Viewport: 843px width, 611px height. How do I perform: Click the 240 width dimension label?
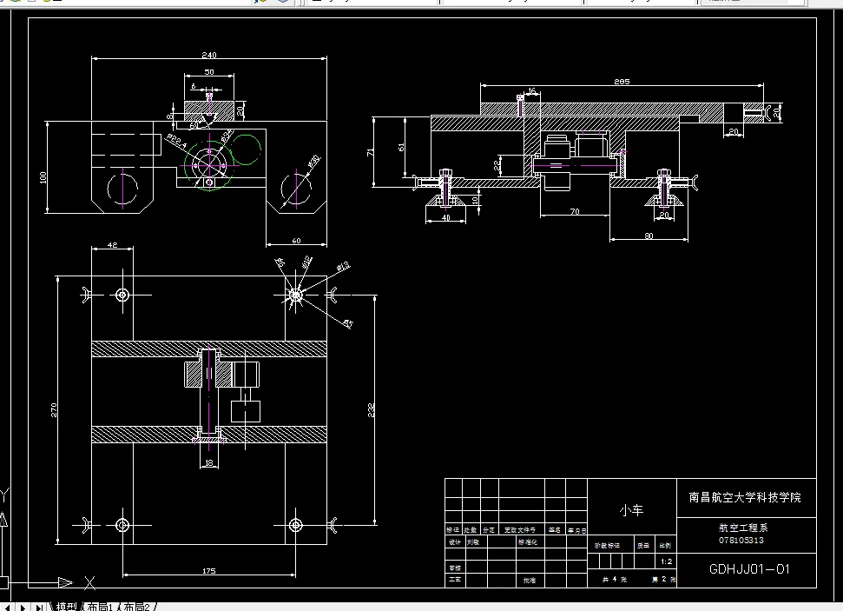pos(209,55)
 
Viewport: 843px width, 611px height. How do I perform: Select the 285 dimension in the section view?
pos(621,82)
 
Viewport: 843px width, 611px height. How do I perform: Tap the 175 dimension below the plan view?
pos(208,571)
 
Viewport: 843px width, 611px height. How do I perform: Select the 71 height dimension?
pos(372,152)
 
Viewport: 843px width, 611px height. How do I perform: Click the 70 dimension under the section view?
pos(574,211)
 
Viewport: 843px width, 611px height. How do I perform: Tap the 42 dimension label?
pos(112,245)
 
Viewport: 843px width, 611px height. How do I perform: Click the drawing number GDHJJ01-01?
pos(749,570)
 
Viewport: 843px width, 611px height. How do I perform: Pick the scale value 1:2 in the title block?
pos(665,561)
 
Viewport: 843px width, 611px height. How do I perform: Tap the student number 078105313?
pos(741,540)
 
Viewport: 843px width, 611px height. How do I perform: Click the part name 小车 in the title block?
pos(631,510)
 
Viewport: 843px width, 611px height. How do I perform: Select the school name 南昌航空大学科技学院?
pos(745,498)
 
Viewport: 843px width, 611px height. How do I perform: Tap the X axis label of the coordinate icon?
pos(90,582)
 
